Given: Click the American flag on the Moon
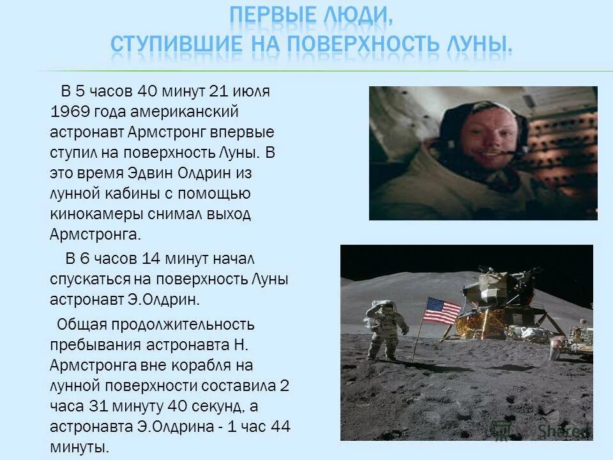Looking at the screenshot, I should (441, 311).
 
